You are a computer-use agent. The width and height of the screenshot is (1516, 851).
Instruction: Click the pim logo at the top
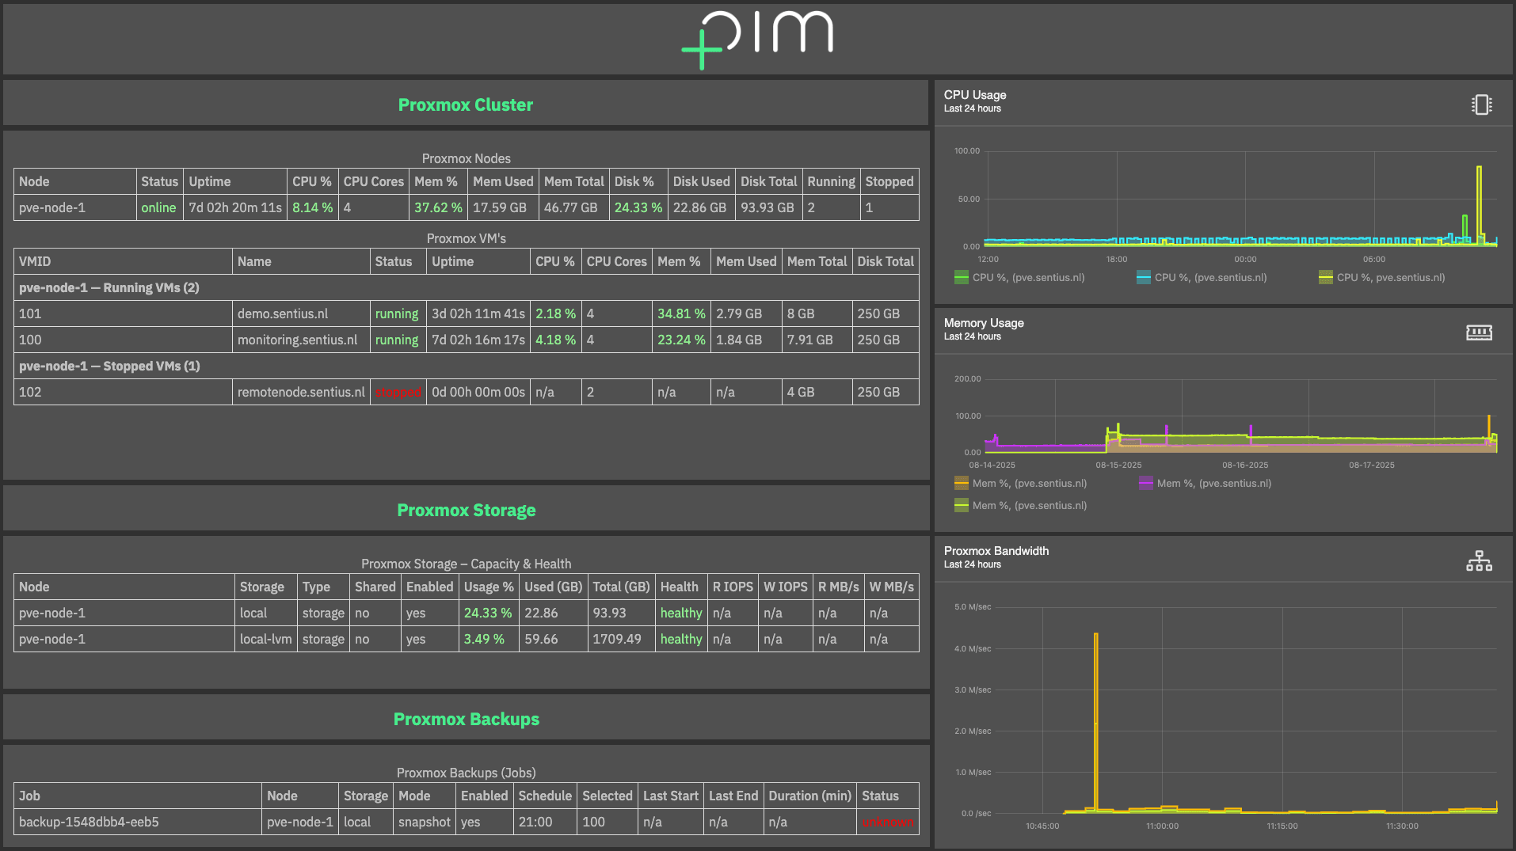pos(758,38)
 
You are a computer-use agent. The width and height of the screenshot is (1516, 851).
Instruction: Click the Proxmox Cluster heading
pos(465,104)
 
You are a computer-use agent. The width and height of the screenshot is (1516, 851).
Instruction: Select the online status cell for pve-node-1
pos(158,207)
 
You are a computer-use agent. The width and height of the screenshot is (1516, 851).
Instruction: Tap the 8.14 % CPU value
pos(312,207)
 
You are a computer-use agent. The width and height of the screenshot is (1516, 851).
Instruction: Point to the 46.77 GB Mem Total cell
pos(570,207)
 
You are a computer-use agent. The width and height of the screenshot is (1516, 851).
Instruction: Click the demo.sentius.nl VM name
pos(283,313)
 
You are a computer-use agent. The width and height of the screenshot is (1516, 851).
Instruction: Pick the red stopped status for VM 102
pos(398,392)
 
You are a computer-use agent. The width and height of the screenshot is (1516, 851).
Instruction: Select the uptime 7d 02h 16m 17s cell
pos(478,340)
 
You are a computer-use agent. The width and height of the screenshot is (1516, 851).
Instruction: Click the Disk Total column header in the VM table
pos(885,261)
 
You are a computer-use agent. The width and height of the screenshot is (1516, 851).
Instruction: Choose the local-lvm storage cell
pos(265,639)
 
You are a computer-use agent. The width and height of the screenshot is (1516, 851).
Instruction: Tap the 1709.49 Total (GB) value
pos(617,639)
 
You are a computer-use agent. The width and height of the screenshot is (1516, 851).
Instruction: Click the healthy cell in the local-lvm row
pos(681,639)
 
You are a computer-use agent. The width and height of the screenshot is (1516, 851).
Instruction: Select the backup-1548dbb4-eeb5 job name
pos(89,822)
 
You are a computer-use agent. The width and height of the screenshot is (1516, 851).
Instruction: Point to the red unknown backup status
pos(887,822)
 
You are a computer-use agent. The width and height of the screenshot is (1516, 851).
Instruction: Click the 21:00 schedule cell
pos(535,822)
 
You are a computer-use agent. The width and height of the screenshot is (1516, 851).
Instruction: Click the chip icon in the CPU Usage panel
pos(1481,104)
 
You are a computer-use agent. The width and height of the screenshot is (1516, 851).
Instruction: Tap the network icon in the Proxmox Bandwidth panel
pos(1478,560)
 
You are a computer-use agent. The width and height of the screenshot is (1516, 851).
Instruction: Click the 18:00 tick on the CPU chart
pos(1116,259)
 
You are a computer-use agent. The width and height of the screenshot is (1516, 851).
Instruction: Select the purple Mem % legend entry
pos(1205,483)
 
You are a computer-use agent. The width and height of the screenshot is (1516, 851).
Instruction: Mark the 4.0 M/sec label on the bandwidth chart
pos(972,648)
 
